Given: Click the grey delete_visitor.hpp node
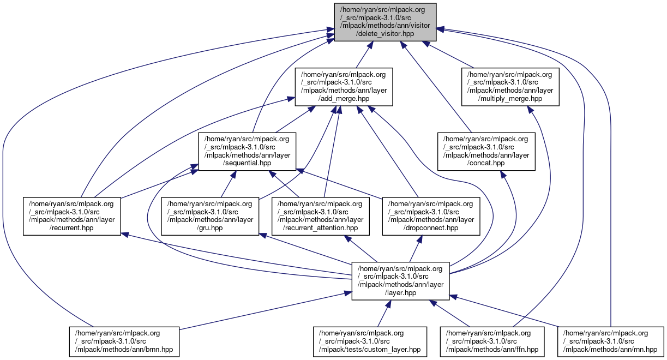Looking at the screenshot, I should point(385,22).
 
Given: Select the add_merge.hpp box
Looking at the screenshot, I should point(344,86).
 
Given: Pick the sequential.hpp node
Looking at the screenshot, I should point(247,151).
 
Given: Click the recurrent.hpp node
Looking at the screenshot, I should point(71,216).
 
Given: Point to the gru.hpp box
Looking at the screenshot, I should point(210,216).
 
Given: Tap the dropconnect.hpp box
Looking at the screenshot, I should point(431,216).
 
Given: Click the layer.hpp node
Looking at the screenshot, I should point(400,280).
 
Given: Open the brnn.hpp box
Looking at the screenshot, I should point(124,341).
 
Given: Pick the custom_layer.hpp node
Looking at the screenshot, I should point(370,341).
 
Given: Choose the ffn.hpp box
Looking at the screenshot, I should point(492,341).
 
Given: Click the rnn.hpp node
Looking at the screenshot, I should point(610,341).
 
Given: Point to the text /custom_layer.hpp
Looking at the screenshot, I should point(370,350).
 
